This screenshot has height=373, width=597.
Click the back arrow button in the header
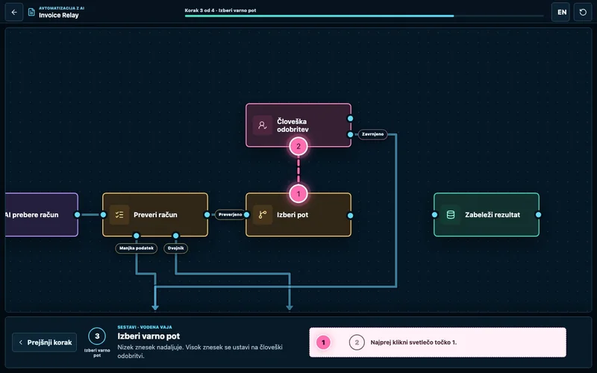(x=14, y=12)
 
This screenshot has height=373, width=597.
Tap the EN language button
(x=562, y=12)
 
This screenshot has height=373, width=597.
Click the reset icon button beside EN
(x=583, y=12)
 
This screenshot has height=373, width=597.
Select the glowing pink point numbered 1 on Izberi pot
(x=298, y=194)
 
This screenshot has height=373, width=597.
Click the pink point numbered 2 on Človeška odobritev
(x=298, y=146)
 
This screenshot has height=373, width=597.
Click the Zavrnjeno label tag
(x=372, y=134)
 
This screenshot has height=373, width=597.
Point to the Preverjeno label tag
(x=231, y=215)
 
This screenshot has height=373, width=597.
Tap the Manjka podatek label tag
(x=137, y=248)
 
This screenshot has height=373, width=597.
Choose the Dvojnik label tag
(x=176, y=248)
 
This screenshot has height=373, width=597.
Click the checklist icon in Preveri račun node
(x=119, y=215)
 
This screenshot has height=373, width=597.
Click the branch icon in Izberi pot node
(x=263, y=215)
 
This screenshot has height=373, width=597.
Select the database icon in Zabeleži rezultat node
(x=451, y=215)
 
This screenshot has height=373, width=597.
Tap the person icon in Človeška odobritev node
(x=263, y=125)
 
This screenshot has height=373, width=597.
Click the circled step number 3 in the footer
(x=97, y=336)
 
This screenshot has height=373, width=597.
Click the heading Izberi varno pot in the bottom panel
(x=149, y=336)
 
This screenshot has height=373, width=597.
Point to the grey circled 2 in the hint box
(x=357, y=342)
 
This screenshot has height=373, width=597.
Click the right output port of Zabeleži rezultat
(x=538, y=215)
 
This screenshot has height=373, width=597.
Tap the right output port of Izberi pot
(x=350, y=216)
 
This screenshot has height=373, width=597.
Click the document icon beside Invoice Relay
(x=31, y=12)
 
